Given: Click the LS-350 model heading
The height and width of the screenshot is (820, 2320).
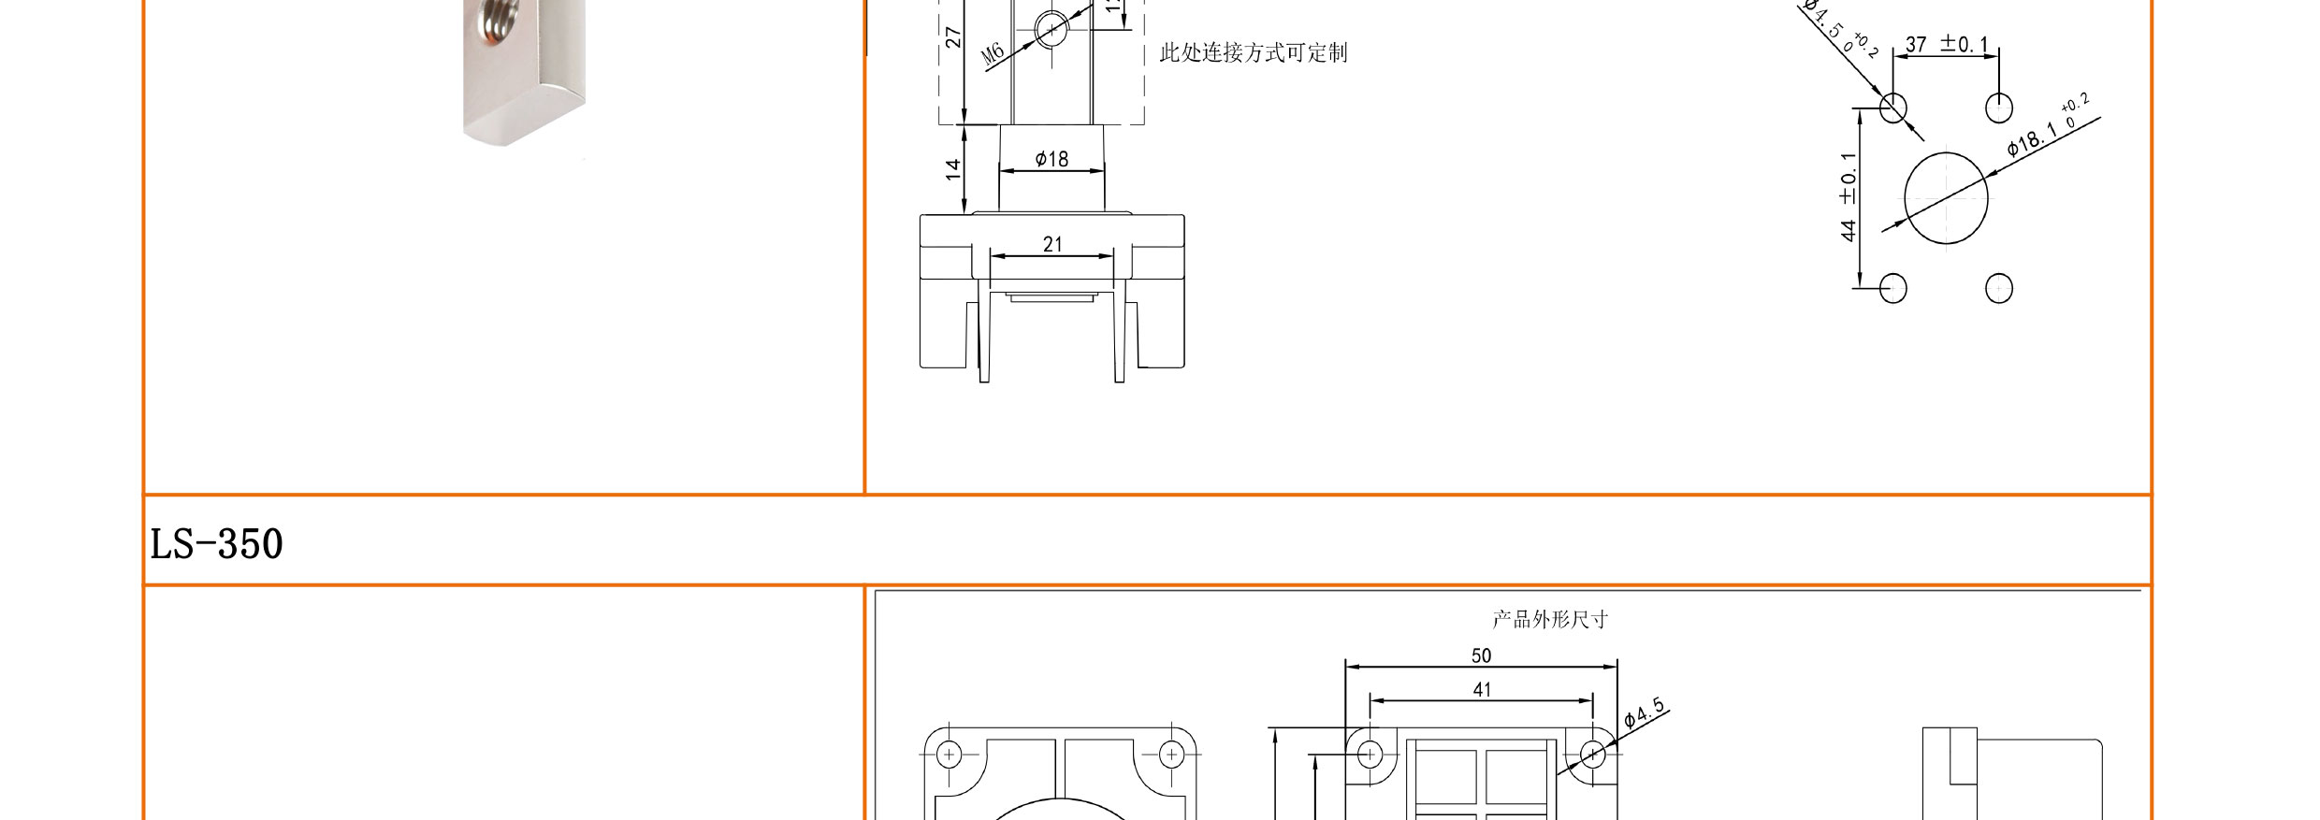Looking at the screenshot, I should pyautogui.click(x=216, y=543).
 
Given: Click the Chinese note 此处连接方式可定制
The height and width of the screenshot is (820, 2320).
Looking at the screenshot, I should pyautogui.click(x=1253, y=52).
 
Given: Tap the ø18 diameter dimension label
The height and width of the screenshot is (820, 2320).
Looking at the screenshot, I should pyautogui.click(x=1051, y=159).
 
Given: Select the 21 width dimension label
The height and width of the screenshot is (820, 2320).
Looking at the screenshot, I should pyautogui.click(x=1052, y=244).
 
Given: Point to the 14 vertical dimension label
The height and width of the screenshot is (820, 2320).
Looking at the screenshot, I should pyautogui.click(x=952, y=169).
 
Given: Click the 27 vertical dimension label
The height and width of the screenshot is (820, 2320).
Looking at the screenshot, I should pyautogui.click(x=952, y=37).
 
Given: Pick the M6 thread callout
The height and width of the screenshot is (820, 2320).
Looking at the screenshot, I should pyautogui.click(x=993, y=53).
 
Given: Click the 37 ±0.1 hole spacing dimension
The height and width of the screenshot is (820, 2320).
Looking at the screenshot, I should pyautogui.click(x=1946, y=44).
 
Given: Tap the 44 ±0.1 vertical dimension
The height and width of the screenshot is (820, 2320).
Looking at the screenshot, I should pyautogui.click(x=1849, y=196).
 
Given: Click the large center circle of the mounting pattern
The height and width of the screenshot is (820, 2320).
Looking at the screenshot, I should pyautogui.click(x=1946, y=198).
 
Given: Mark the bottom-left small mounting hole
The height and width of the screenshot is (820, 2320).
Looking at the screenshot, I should pyautogui.click(x=1893, y=288).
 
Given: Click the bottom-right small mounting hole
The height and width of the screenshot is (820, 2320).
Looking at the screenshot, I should pyautogui.click(x=1999, y=288).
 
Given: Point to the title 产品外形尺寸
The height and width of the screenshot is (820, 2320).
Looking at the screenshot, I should pyautogui.click(x=1550, y=619).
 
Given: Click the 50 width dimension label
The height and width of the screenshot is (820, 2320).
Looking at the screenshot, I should pyautogui.click(x=1481, y=655).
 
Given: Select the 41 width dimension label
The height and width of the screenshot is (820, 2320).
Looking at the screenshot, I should pyautogui.click(x=1482, y=689).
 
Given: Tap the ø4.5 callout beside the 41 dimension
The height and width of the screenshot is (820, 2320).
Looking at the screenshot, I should pyautogui.click(x=1644, y=712).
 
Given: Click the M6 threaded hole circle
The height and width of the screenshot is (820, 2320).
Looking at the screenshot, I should pyautogui.click(x=1051, y=30).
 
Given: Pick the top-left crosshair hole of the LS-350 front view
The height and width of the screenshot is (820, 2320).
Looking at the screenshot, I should pyautogui.click(x=949, y=754).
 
